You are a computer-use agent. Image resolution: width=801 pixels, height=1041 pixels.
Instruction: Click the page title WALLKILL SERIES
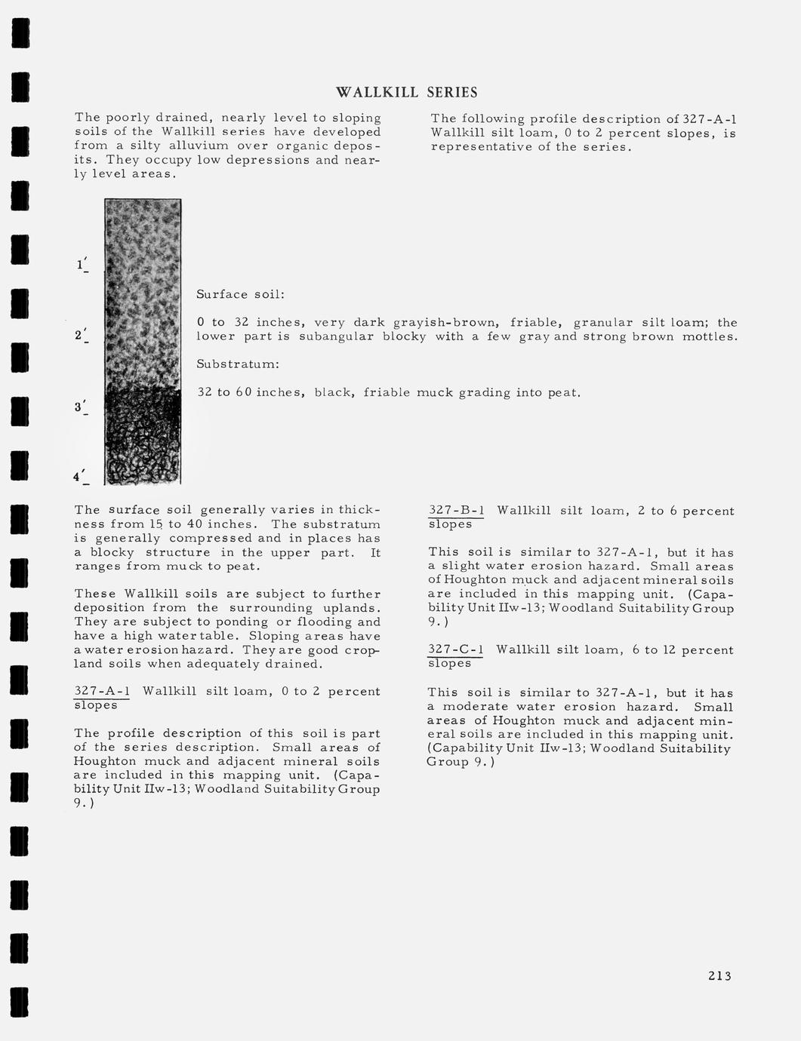406,93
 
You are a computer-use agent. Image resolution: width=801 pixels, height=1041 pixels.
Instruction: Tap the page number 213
719,976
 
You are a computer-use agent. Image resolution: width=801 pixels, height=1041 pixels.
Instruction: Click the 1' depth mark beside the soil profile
82,265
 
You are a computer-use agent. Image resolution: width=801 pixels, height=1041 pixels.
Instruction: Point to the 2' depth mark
82,336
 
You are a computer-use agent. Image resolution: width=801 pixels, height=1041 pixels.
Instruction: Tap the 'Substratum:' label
238,364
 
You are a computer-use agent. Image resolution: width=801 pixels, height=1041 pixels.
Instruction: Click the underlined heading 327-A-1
103,692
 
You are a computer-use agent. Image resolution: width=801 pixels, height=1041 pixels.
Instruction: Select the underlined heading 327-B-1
456,511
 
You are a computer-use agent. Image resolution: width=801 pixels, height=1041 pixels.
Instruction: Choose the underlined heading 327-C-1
456,650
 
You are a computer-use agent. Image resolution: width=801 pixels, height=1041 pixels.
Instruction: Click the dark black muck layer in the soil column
143,438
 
